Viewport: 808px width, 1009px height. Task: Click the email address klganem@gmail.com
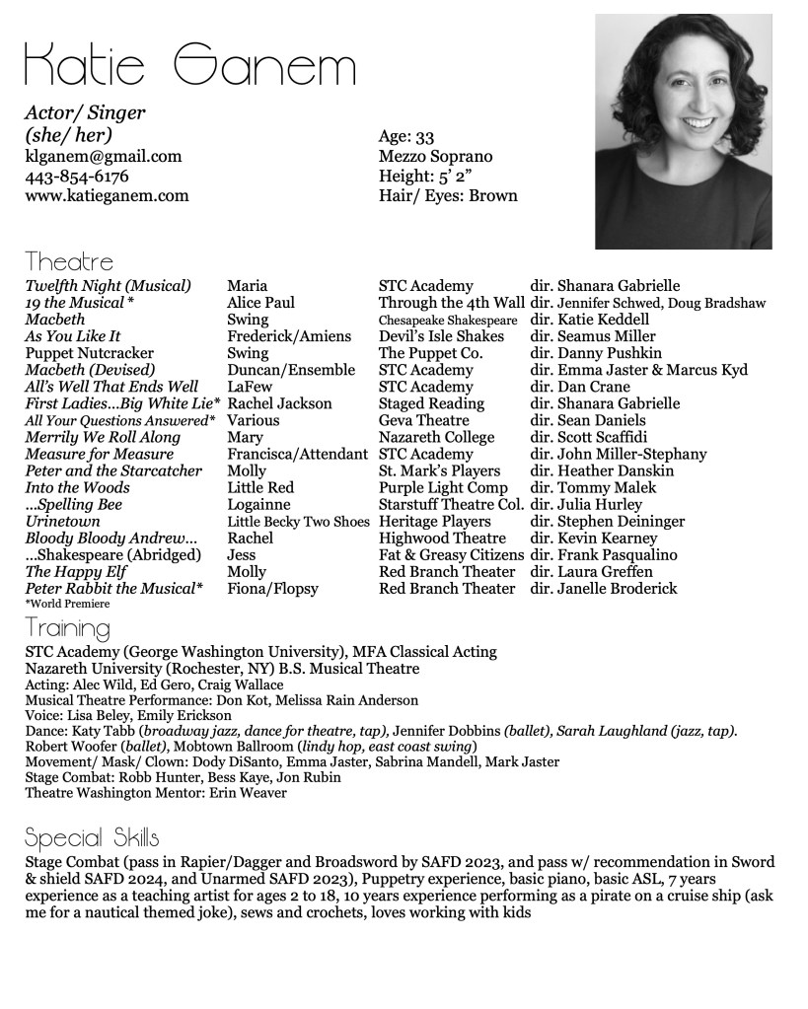(x=104, y=156)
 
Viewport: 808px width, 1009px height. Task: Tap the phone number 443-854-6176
(x=77, y=176)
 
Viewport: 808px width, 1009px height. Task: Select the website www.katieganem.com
(x=107, y=195)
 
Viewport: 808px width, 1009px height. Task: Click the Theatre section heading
(x=69, y=262)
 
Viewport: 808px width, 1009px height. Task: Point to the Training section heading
(x=67, y=627)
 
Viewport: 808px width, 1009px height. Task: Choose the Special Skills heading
(x=92, y=838)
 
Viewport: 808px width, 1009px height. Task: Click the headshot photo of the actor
(x=683, y=130)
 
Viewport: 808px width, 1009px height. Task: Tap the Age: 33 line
(x=406, y=136)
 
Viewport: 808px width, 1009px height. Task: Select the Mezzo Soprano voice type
(x=435, y=156)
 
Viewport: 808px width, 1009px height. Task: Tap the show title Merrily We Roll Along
(x=103, y=437)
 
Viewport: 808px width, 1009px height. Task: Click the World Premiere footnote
(x=67, y=603)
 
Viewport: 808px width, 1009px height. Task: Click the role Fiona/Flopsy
(x=272, y=588)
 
